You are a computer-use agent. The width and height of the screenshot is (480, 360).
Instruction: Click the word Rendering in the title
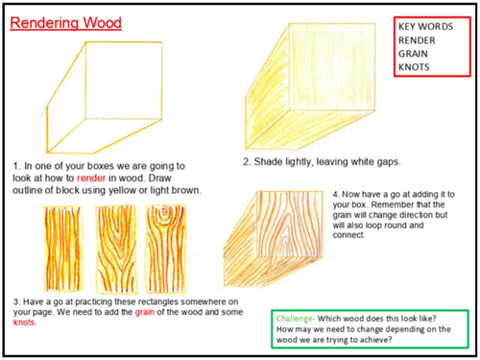point(44,23)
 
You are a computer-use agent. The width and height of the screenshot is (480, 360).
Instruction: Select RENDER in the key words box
point(417,40)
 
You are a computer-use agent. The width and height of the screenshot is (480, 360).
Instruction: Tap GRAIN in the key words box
point(413,54)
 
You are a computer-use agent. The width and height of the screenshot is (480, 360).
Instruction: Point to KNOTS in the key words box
point(414,67)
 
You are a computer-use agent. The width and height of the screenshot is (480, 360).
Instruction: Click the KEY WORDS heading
point(425,26)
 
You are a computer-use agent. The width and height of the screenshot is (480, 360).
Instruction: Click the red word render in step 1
point(91,179)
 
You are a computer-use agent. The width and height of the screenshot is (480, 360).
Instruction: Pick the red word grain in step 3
point(145,312)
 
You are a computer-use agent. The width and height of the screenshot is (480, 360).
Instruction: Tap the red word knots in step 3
point(24,323)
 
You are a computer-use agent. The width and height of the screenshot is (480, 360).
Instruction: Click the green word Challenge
point(295,319)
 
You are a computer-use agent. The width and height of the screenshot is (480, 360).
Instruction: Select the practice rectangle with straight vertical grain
point(62,249)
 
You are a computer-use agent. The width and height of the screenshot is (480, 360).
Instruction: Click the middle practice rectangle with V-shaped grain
point(116,249)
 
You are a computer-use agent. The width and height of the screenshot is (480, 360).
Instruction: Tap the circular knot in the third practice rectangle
point(165,211)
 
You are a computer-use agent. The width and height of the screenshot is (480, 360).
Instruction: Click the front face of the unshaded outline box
point(124,81)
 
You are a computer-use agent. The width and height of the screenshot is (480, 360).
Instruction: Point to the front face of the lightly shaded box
point(332,66)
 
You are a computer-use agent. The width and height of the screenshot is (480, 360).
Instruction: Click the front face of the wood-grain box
point(290,224)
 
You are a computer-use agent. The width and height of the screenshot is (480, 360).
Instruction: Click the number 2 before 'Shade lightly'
point(247,162)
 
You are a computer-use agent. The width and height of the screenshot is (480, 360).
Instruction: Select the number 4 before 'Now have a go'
point(336,195)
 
